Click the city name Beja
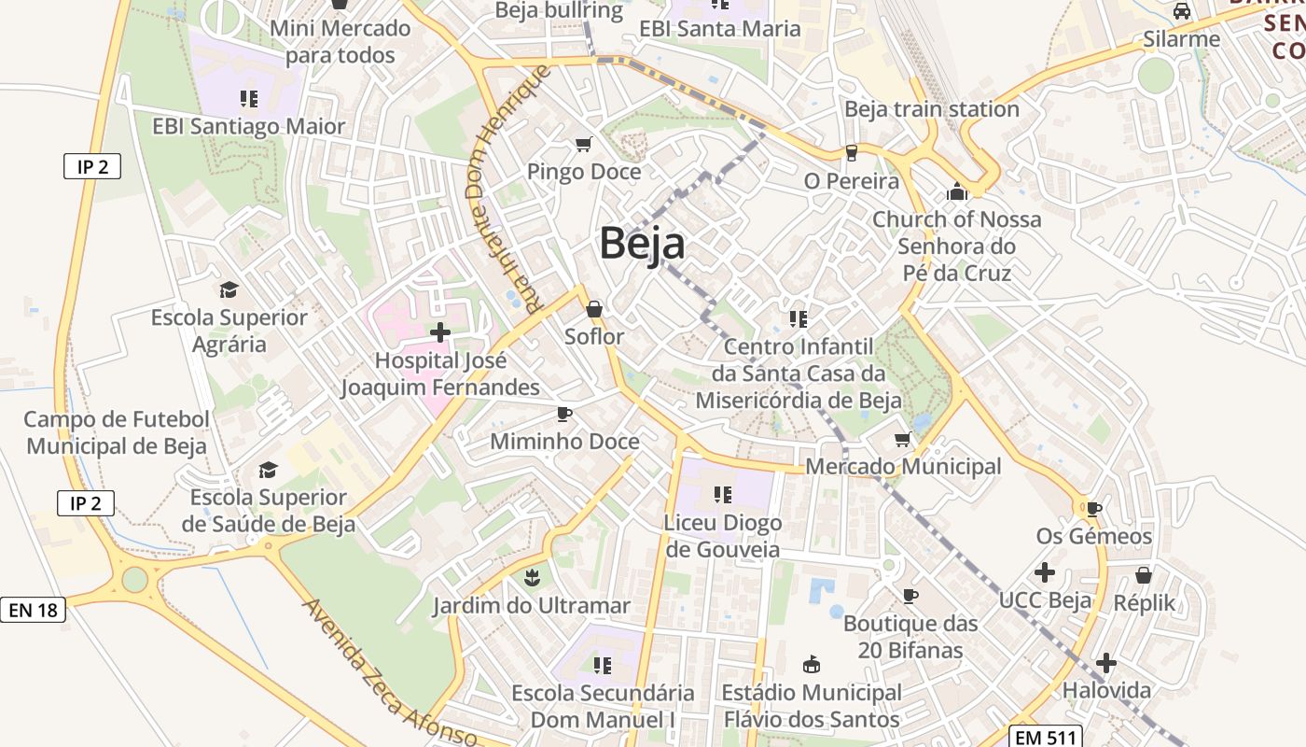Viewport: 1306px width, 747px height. pyautogui.click(x=642, y=243)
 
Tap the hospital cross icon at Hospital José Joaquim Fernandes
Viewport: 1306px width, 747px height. pyautogui.click(x=439, y=331)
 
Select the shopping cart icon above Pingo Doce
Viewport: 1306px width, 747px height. pyautogui.click(x=584, y=144)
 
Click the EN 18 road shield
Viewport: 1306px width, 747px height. pyautogui.click(x=33, y=611)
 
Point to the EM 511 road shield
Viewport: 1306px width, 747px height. pyautogui.click(x=1046, y=737)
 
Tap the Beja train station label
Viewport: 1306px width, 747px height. pyautogui.click(x=931, y=109)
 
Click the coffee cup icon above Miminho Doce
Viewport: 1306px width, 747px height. pyautogui.click(x=563, y=414)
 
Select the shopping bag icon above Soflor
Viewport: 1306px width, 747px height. pyautogui.click(x=594, y=309)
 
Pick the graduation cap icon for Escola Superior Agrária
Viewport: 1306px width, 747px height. pyautogui.click(x=229, y=289)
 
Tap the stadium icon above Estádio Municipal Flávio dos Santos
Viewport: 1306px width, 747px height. pyautogui.click(x=811, y=665)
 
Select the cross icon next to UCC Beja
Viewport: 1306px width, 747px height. pyautogui.click(x=1045, y=571)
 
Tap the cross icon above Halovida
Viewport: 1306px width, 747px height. pyautogui.click(x=1105, y=663)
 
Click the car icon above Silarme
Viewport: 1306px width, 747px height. pyautogui.click(x=1181, y=11)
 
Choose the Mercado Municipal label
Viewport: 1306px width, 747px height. pyautogui.click(x=903, y=466)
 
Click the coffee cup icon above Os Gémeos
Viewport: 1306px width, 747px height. pyautogui.click(x=1093, y=509)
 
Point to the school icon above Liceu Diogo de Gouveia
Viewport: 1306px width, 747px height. pyautogui.click(x=722, y=494)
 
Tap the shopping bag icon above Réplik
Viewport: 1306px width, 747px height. pyautogui.click(x=1144, y=575)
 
